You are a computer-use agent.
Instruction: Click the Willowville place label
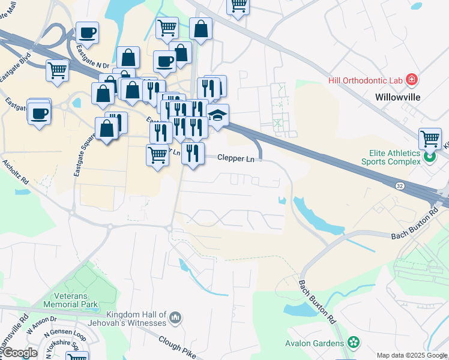click(397, 97)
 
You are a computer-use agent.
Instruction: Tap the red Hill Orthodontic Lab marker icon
click(412, 79)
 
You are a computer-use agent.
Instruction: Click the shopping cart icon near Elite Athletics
click(430, 139)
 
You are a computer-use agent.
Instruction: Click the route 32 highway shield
click(400, 186)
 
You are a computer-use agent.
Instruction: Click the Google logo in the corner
click(20, 353)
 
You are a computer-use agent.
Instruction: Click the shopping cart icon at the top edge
click(238, 5)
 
